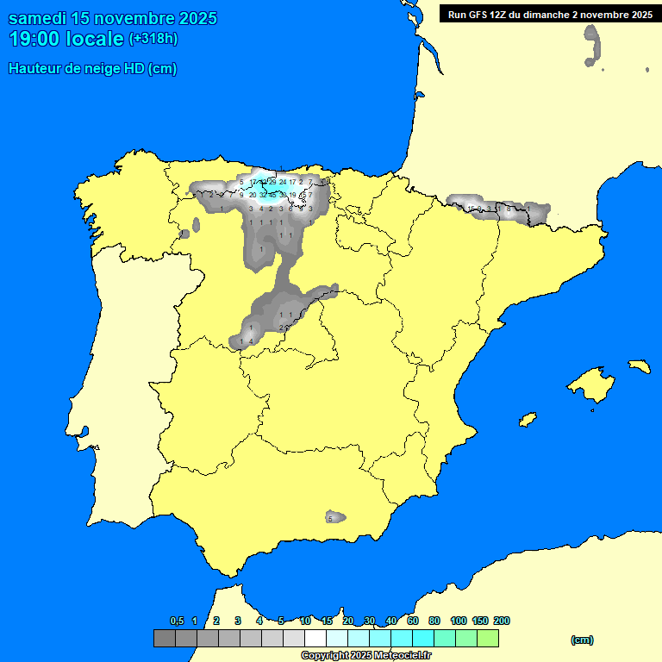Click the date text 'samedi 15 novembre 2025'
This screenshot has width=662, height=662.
(x=112, y=19)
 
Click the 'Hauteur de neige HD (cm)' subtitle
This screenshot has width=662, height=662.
(x=92, y=69)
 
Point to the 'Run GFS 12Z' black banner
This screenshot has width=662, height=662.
(x=547, y=15)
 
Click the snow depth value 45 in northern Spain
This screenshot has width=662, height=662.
(x=273, y=196)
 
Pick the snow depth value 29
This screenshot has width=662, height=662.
(x=272, y=182)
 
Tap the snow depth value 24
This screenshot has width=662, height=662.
(x=283, y=182)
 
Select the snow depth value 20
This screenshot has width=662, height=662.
(x=253, y=196)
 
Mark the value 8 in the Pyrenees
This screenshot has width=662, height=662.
(x=509, y=209)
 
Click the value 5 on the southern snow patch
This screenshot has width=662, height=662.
(x=330, y=518)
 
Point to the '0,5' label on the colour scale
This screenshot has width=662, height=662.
(x=177, y=621)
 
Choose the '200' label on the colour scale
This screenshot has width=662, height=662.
(x=502, y=621)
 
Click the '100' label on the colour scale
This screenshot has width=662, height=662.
(x=459, y=621)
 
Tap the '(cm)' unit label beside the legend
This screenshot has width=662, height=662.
(x=582, y=640)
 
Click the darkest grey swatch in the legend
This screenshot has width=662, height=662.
(x=164, y=639)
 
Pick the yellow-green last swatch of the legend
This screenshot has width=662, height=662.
(x=487, y=639)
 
